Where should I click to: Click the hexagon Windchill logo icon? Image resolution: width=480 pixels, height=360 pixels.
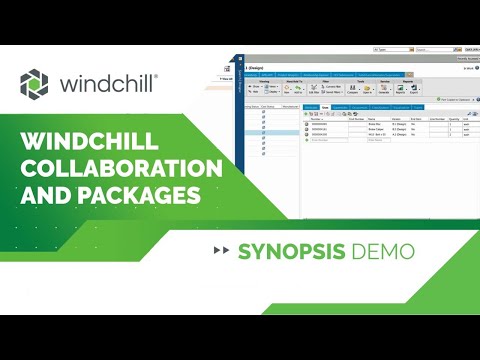tap(33, 83)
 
